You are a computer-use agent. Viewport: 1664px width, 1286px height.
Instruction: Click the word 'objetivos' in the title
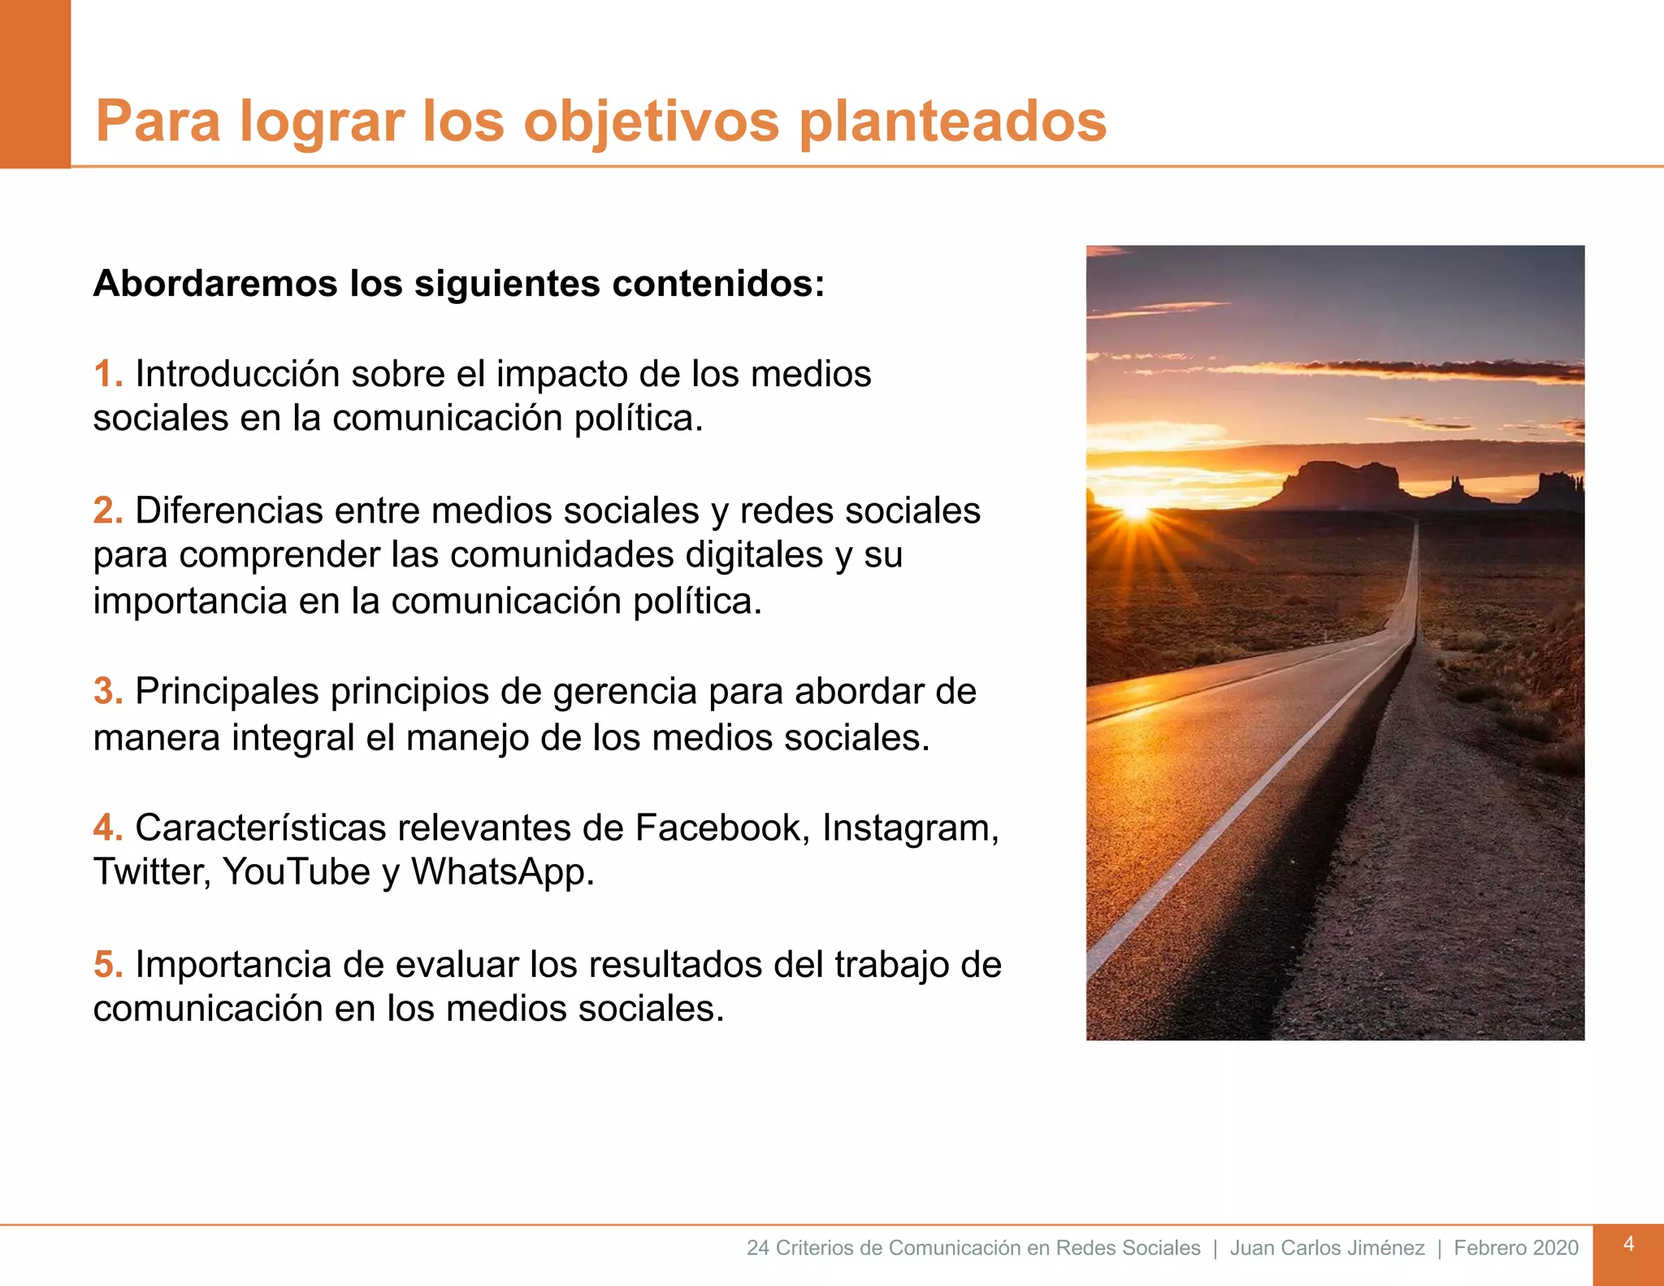tap(651, 122)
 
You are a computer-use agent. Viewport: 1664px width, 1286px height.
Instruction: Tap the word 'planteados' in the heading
tap(952, 122)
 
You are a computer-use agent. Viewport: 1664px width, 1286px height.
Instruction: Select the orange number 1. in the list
tap(108, 374)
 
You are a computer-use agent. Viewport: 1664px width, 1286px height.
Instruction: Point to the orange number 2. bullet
tap(108, 510)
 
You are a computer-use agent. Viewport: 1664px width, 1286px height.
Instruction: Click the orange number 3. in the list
tap(108, 692)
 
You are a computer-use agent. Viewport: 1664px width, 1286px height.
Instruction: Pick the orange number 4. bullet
tap(108, 828)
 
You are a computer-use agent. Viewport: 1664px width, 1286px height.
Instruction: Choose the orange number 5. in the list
tap(108, 964)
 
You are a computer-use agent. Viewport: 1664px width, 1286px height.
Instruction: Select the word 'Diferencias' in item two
tap(228, 510)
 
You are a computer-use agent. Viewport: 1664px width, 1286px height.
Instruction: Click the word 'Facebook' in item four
tap(722, 828)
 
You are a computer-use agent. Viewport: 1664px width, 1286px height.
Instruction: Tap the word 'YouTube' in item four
tap(297, 872)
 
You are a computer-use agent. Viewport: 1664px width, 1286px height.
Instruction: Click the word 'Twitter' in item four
tap(152, 872)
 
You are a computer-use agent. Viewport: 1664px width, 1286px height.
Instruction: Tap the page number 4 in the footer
tap(1628, 1245)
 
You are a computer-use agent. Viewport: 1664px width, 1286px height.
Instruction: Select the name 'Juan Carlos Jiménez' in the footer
tap(1327, 1248)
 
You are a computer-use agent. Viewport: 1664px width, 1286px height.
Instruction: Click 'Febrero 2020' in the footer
tap(1516, 1248)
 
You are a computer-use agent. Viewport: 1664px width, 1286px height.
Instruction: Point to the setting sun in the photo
tap(1135, 508)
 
